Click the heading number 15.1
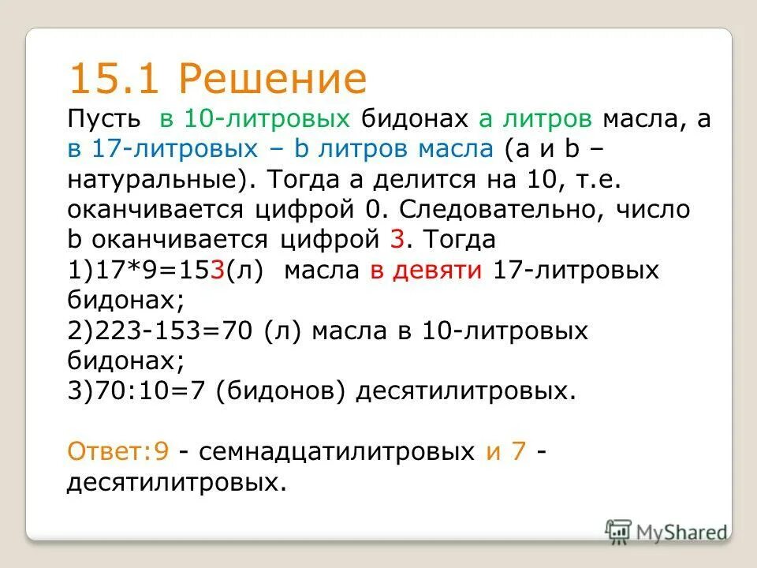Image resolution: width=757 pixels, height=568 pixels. click(114, 79)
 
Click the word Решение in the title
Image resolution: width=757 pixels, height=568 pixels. click(272, 79)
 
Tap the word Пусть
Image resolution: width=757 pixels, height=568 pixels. click(103, 120)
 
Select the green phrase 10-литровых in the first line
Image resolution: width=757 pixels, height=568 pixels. click(267, 120)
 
